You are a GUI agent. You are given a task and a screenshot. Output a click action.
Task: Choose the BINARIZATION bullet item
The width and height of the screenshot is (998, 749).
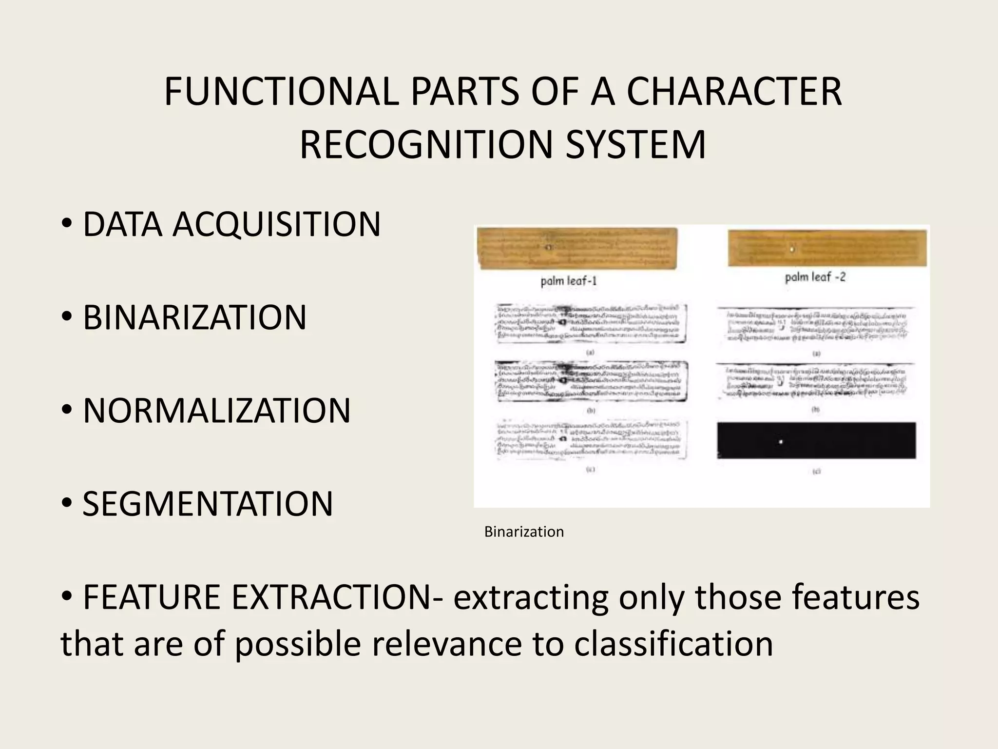(x=194, y=317)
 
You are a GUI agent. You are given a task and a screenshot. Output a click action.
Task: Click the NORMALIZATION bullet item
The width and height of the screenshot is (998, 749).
(x=216, y=411)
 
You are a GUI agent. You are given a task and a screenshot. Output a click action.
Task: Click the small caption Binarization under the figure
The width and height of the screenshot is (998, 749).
(x=524, y=532)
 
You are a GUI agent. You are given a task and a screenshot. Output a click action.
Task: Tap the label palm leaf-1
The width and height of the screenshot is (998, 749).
(x=569, y=281)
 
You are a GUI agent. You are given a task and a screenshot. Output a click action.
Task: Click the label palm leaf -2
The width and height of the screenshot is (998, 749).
(x=815, y=277)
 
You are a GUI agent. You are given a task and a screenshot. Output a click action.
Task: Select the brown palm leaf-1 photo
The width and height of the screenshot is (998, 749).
(x=577, y=248)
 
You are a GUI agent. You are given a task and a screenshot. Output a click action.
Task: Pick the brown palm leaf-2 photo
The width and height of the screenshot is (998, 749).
(x=827, y=248)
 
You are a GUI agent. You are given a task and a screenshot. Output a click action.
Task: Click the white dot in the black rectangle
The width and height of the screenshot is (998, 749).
(x=780, y=442)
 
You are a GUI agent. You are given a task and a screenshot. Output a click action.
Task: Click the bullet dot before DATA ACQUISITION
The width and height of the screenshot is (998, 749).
(x=67, y=225)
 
